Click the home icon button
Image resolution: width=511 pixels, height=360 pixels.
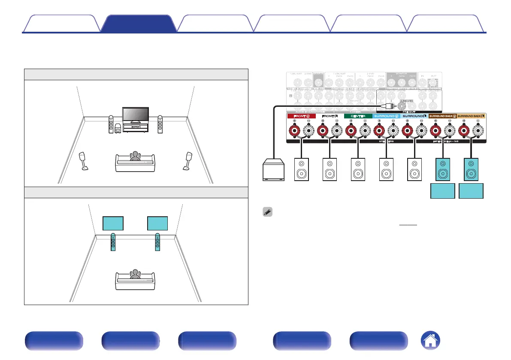pos(430,342)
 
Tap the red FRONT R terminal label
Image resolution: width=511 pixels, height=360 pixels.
pos(301,116)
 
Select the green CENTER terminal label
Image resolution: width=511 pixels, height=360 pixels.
pos(358,116)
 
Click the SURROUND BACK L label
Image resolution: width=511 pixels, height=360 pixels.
pos(472,116)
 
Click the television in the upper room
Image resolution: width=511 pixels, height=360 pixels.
pos(136,115)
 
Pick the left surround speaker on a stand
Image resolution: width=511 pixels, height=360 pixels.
pos(84,161)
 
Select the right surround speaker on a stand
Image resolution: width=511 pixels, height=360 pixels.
pos(188,161)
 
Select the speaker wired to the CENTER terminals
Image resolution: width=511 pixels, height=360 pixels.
pos(357,169)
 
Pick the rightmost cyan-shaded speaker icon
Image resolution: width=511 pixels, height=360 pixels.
pos(471,169)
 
